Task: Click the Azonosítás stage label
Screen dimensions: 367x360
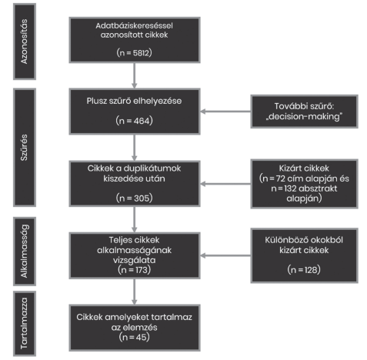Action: point(24,42)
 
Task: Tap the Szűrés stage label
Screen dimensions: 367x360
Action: point(24,148)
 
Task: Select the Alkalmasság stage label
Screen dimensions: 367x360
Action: point(24,252)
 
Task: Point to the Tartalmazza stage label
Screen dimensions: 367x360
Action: point(24,323)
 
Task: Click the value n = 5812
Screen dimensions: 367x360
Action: point(134,53)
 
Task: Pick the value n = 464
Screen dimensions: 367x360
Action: point(134,121)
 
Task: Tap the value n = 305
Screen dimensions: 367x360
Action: point(134,198)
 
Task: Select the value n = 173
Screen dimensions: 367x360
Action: point(134,270)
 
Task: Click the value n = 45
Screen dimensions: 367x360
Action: point(134,337)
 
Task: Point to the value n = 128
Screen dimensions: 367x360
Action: point(304,270)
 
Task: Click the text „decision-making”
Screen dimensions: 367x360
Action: point(304,117)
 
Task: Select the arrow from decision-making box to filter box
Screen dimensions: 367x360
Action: point(225,112)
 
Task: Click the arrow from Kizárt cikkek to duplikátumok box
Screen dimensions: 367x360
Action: point(225,184)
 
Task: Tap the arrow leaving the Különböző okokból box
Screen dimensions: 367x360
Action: point(225,255)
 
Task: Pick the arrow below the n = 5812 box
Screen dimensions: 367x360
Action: point(134,75)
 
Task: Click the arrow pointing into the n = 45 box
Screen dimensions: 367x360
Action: point(134,292)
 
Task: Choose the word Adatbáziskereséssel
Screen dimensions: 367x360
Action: point(134,25)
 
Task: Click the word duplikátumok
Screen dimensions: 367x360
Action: point(152,168)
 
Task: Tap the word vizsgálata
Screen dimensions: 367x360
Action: point(134,260)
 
